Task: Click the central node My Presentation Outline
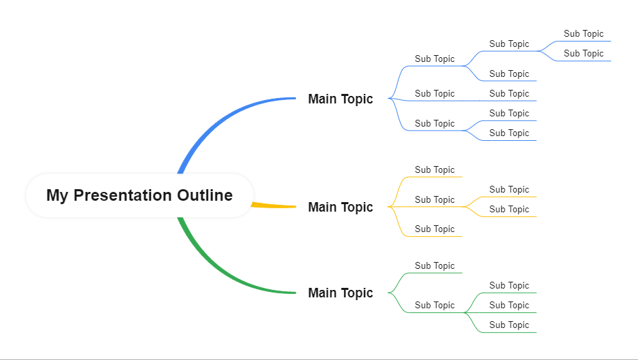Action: tap(139, 195)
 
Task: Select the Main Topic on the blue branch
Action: tap(340, 99)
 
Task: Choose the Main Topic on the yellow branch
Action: tap(340, 207)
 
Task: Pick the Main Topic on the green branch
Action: tap(340, 293)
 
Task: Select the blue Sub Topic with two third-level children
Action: tap(509, 44)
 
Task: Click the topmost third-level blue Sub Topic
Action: tap(584, 34)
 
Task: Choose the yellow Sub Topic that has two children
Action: tap(435, 199)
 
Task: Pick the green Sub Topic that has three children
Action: tap(435, 305)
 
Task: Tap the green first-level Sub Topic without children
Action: tap(435, 266)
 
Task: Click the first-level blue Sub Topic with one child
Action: tap(435, 94)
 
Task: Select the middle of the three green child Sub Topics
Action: tap(509, 305)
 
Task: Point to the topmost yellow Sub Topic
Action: tap(435, 170)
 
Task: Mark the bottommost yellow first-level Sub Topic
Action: tap(435, 229)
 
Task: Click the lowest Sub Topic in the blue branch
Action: tap(509, 133)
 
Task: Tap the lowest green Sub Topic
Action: tap(509, 325)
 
